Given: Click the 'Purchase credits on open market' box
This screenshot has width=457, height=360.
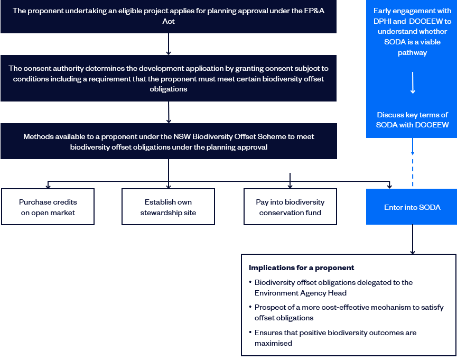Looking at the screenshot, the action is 48,207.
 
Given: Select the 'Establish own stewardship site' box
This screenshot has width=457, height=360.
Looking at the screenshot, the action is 168,207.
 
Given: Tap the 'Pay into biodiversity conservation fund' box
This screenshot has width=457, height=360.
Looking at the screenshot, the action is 290,207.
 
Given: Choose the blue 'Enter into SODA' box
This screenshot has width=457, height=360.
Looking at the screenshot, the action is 412,207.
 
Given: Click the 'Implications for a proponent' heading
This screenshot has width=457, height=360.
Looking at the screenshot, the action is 301,268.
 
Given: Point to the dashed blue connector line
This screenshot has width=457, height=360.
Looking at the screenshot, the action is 413,172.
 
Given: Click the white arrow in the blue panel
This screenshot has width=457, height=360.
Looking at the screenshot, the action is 413,83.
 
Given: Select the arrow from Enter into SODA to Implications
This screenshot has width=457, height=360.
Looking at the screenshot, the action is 413,239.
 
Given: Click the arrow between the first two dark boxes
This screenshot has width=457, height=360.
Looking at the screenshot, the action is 169,44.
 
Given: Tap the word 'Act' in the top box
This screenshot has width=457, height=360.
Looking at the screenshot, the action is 169,21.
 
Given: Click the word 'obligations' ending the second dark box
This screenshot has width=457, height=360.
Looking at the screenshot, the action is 169,89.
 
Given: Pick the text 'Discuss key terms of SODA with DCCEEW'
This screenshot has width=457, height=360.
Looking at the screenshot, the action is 412,120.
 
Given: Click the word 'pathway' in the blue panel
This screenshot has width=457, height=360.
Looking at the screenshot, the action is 413,53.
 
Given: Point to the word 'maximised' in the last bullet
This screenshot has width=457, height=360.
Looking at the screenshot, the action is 273,343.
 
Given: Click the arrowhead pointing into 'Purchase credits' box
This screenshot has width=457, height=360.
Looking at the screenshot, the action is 48,187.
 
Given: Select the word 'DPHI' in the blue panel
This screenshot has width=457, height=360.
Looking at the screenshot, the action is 382,21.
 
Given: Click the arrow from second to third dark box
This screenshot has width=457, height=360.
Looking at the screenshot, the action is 169,112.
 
